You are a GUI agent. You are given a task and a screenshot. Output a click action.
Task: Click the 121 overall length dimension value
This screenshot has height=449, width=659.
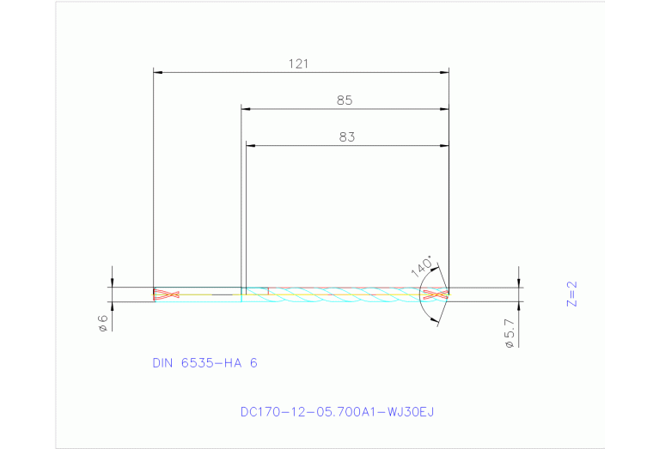298,63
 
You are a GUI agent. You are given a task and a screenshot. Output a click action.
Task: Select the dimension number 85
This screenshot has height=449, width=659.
345,100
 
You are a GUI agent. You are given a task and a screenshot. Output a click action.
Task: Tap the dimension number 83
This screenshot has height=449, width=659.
346,137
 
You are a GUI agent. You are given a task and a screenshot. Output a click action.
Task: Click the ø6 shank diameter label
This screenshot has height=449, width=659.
102,323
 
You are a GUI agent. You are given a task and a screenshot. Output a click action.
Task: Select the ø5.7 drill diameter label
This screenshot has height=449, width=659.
510,334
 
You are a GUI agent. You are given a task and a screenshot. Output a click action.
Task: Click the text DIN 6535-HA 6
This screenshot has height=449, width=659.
204,363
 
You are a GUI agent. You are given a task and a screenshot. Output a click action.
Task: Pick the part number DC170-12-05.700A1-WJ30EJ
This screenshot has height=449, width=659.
337,411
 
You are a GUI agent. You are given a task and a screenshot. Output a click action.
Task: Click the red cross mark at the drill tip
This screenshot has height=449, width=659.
436,294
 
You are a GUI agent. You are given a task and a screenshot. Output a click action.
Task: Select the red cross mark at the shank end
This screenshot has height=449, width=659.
165,294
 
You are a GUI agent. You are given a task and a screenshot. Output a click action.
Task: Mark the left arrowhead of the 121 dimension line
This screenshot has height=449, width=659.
157,72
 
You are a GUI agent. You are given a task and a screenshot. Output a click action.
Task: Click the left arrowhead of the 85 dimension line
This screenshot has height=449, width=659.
246,109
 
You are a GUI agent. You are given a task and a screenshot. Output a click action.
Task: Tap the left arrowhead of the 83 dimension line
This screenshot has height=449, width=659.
251,146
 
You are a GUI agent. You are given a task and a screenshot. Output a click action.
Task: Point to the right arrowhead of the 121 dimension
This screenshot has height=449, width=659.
445,72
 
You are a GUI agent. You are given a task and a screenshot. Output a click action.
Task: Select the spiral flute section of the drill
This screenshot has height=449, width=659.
344,294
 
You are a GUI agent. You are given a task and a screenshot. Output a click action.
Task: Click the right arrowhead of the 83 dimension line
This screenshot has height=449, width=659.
445,146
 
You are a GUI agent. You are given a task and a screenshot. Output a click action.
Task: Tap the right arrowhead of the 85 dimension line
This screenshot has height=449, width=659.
445,109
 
